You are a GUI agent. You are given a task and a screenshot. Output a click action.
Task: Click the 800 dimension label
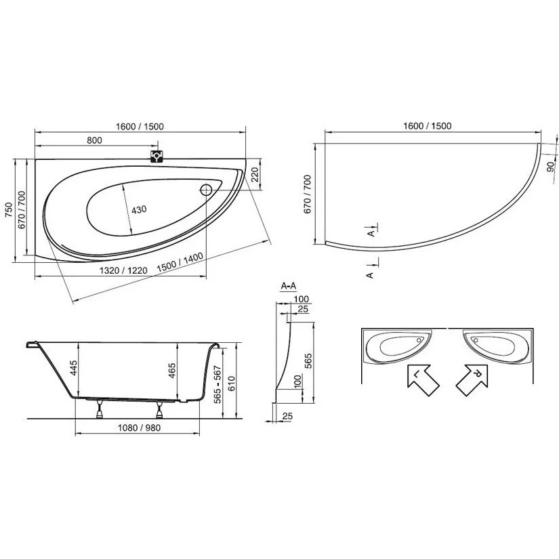[x=94, y=140]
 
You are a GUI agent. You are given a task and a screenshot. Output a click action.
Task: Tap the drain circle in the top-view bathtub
[x=206, y=190]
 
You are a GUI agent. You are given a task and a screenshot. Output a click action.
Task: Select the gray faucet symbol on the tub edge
[x=156, y=157]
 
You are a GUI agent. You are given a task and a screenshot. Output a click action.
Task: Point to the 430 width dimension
[x=139, y=209]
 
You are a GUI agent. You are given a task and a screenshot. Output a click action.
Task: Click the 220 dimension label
[x=255, y=175]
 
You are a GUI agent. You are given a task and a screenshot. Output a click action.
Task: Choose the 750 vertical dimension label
[x=9, y=210]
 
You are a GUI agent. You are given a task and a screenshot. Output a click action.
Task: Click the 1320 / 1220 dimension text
[x=123, y=270]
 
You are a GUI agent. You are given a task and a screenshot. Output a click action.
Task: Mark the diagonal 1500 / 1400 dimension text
[x=180, y=262]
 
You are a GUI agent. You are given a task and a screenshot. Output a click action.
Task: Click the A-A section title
[x=289, y=286]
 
